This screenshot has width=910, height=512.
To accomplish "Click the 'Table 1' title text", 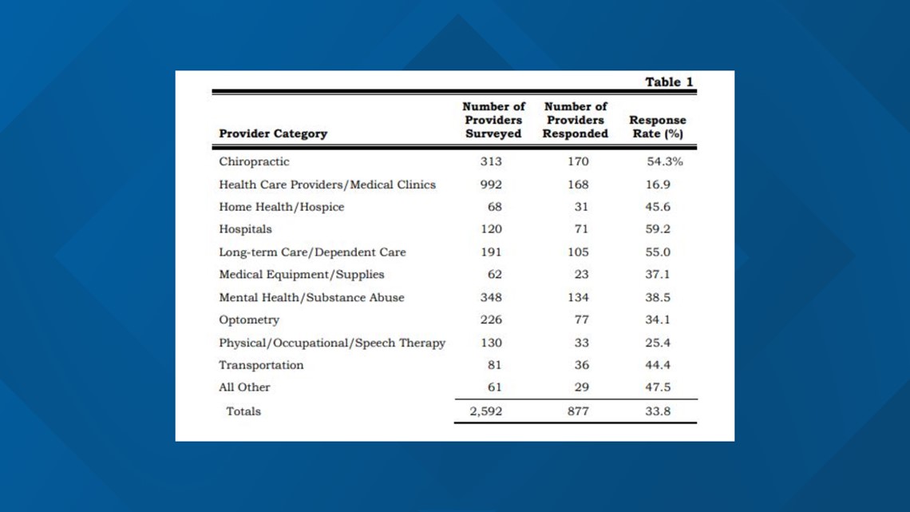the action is [x=669, y=81].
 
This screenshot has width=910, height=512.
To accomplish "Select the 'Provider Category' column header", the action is [x=273, y=133].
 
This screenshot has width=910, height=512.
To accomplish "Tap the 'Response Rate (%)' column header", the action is [x=658, y=126].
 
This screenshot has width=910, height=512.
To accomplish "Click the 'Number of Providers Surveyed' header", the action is [x=493, y=120].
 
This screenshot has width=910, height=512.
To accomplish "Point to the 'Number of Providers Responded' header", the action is [x=575, y=120].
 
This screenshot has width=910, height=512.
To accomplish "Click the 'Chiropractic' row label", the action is [x=254, y=161].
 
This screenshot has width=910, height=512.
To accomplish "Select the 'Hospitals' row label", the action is [x=245, y=229].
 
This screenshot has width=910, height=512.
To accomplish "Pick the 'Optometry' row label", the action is [x=249, y=320].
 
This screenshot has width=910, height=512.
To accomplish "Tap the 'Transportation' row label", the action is [x=261, y=365].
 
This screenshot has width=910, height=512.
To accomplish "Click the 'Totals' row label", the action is [x=243, y=411].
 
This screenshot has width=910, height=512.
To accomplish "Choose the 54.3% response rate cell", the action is [x=664, y=161].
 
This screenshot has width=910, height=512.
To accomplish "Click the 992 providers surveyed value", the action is [x=491, y=185].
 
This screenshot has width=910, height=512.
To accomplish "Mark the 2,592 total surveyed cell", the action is [x=486, y=411].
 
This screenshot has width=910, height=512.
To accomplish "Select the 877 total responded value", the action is [x=578, y=411].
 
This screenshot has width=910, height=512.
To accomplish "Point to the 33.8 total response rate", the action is [x=658, y=411].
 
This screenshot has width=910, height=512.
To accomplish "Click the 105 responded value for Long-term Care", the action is [x=578, y=252].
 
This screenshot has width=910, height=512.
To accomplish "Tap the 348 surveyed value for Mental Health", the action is [x=491, y=297].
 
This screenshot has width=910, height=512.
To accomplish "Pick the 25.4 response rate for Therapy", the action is [x=658, y=343].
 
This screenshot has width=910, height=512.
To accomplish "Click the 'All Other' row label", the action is [x=244, y=387].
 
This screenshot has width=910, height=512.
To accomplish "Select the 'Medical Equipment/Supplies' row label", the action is [x=301, y=275].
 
